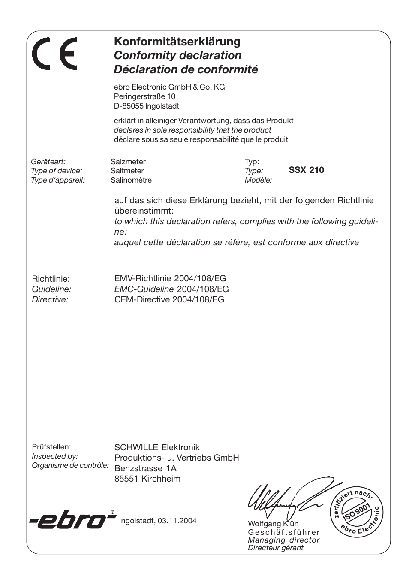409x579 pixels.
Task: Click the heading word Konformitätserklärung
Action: [177, 42]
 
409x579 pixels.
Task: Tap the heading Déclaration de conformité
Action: [186, 69]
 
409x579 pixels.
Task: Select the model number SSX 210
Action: [306, 170]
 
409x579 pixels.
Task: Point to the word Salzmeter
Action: [128, 162]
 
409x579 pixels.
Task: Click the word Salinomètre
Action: [131, 180]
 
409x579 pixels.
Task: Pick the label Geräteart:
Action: [48, 162]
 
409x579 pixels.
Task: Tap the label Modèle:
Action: [258, 180]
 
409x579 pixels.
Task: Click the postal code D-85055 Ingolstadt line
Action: [147, 106]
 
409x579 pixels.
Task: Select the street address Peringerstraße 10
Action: [144, 96]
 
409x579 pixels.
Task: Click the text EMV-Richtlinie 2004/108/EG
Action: [170, 279]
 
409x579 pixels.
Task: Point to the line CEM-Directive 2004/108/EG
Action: [169, 299]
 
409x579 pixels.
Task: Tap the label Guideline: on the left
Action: [51, 289]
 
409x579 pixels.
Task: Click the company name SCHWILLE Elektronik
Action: [157, 448]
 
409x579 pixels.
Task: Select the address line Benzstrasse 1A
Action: [145, 468]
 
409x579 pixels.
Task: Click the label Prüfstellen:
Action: [51, 447]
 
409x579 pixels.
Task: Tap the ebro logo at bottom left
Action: [72, 520]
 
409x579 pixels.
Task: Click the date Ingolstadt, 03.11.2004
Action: [158, 521]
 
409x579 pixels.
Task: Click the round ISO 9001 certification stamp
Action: [355, 511]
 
